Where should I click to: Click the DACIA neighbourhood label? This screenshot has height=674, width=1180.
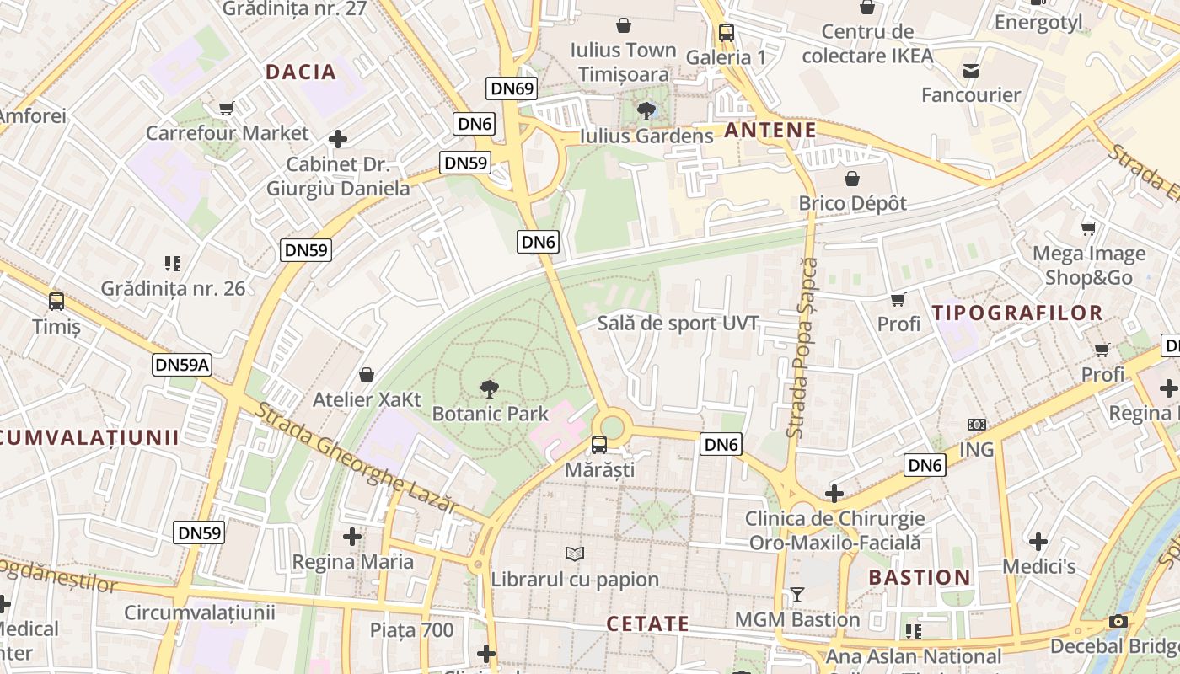tap(301, 72)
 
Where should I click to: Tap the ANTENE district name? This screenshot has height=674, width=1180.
tap(770, 130)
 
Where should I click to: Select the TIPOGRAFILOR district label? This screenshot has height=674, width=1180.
tap(1017, 313)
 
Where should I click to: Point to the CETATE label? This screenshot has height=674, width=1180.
tap(648, 624)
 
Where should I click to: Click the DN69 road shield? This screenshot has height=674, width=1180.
tap(512, 88)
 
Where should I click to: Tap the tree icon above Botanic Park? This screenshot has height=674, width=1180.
tap(489, 388)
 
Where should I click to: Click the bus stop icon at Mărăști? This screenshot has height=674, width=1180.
tap(598, 444)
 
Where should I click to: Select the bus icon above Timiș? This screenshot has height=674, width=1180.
tap(56, 301)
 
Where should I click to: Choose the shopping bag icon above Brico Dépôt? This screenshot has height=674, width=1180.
tap(852, 179)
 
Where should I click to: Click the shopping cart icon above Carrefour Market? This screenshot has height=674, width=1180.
tap(226, 108)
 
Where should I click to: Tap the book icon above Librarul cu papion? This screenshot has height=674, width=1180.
tap(575, 554)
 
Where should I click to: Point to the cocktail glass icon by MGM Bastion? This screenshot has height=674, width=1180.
tap(796, 595)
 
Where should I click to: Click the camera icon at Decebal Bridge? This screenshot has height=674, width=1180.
tap(1118, 621)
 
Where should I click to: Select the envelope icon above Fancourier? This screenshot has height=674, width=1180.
tap(971, 70)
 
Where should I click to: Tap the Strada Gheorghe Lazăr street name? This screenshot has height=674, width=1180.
tap(358, 457)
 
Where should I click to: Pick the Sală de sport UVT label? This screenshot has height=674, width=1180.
tap(678, 324)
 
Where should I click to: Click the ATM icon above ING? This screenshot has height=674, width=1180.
tap(977, 425)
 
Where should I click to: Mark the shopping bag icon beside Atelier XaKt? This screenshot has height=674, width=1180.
tap(367, 374)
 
